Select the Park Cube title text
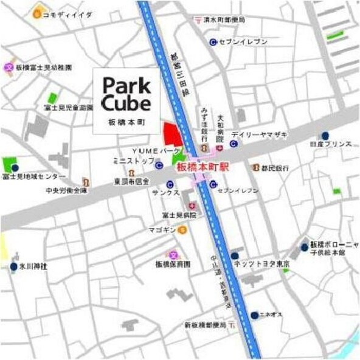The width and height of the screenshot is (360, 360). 126,92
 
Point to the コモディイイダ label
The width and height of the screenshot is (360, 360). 69,13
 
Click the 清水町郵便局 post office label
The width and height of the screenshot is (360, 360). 223,20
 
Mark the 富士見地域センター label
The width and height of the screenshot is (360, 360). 33,176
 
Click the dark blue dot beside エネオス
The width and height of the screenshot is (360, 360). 254,315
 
